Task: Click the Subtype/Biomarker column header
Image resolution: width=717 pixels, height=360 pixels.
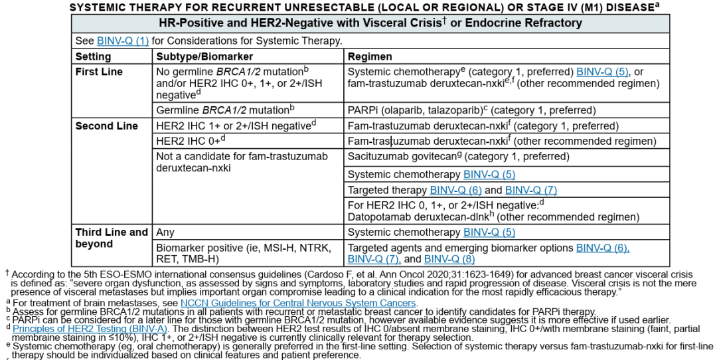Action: point(196,56)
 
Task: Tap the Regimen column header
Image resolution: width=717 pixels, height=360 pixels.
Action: point(370,56)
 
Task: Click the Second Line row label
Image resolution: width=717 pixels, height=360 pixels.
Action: point(106,126)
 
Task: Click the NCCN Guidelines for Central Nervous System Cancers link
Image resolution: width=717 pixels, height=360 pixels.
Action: point(298,303)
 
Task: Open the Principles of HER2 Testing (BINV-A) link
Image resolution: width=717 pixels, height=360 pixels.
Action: point(90,328)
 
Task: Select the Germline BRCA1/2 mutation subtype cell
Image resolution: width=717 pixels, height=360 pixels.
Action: point(225,110)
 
